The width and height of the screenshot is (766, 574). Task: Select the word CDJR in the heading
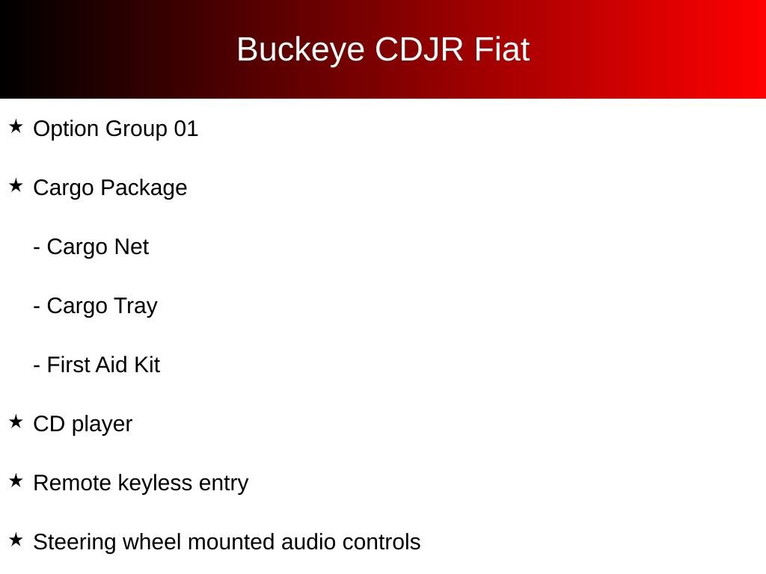(x=419, y=49)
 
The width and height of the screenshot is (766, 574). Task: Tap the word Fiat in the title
(x=502, y=49)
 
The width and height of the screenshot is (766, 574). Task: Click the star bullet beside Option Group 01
(x=16, y=126)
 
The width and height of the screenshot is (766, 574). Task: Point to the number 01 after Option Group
(x=186, y=129)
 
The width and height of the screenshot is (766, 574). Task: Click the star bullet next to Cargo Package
(x=16, y=185)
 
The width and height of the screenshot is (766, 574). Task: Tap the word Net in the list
(x=131, y=247)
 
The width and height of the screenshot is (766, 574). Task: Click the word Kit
(x=147, y=365)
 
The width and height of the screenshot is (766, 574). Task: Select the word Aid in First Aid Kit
(x=113, y=365)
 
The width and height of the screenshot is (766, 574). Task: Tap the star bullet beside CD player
(x=16, y=422)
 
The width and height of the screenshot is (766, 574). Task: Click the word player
(x=102, y=425)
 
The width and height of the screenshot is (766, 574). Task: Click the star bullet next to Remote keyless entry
(x=16, y=481)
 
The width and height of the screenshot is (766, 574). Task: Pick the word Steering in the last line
(x=75, y=543)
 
